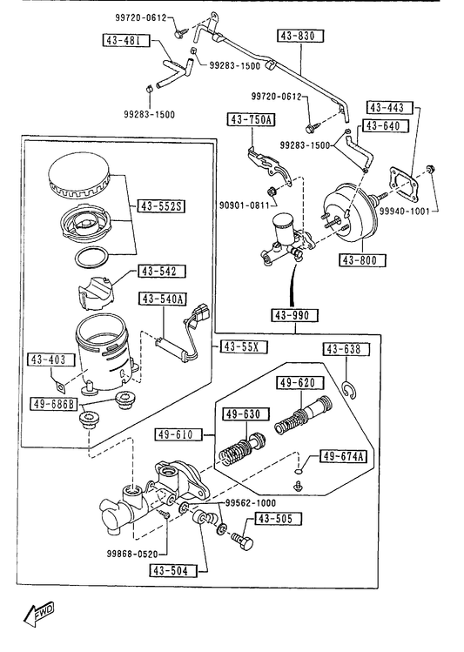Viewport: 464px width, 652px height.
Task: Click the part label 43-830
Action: point(300,36)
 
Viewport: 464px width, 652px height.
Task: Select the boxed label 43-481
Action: point(126,40)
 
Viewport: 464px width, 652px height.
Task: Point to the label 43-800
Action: point(363,260)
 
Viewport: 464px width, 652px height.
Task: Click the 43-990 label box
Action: point(295,315)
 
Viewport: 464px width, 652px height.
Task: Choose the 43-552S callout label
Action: point(161,205)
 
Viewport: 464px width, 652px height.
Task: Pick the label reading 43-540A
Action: point(163,299)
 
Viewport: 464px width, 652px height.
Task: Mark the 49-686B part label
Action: point(54,403)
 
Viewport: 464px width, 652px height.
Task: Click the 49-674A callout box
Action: point(343,456)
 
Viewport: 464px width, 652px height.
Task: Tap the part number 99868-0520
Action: point(132,554)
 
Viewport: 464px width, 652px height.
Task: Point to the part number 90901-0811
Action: point(245,205)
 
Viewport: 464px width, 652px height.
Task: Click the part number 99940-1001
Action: point(405,212)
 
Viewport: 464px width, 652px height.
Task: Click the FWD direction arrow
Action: point(38,614)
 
